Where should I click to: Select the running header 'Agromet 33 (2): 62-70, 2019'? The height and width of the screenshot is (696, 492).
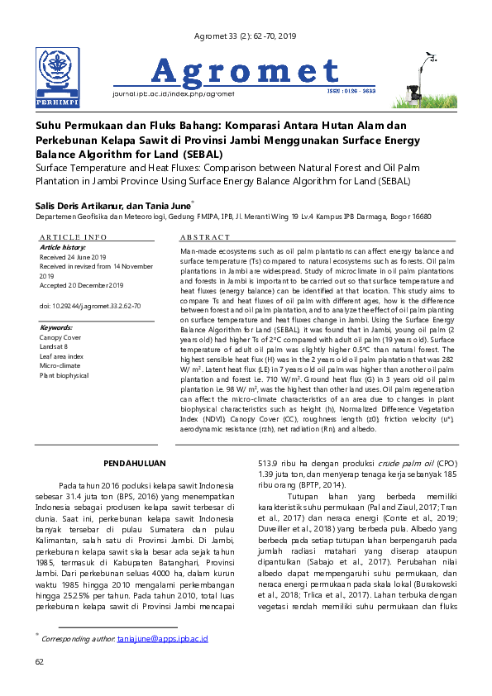click(x=244, y=36)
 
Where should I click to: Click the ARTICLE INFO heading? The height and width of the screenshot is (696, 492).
click(x=74, y=237)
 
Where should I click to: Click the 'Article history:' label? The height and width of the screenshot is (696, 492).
click(x=63, y=247)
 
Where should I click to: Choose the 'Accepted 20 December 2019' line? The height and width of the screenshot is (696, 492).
click(x=81, y=286)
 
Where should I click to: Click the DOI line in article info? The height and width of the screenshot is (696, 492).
click(x=89, y=306)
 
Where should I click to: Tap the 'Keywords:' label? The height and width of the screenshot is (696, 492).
click(x=56, y=327)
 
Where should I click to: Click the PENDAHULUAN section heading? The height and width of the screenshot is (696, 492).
click(x=139, y=464)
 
